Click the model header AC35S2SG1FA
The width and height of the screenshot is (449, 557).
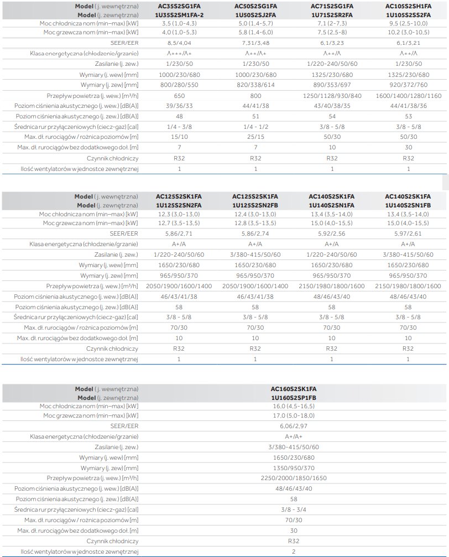[x=179, y=6]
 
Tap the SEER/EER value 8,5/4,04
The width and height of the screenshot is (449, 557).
[x=179, y=43]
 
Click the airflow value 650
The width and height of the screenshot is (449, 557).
[x=179, y=95]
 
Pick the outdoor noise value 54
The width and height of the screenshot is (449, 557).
[x=332, y=117]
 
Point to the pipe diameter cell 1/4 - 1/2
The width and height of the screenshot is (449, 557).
[x=255, y=127]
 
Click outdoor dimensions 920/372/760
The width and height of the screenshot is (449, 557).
[x=408, y=85]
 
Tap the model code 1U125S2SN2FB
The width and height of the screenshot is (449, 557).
[x=255, y=205]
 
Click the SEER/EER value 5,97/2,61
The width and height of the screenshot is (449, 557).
[x=408, y=234]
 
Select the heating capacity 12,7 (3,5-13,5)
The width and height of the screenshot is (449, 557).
[x=179, y=223]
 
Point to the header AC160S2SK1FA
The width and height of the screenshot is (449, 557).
[x=293, y=389]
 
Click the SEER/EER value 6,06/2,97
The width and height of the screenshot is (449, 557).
[x=293, y=426]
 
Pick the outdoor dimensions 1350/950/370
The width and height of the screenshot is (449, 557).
[x=293, y=468]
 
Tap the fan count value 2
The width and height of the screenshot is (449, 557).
[x=293, y=551]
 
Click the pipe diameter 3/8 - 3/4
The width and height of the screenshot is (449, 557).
[x=293, y=510]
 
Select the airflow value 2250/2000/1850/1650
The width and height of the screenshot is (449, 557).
[x=293, y=478]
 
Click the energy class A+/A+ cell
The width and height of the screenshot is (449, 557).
[x=293, y=436]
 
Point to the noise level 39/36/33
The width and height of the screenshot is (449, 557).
[x=179, y=105]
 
